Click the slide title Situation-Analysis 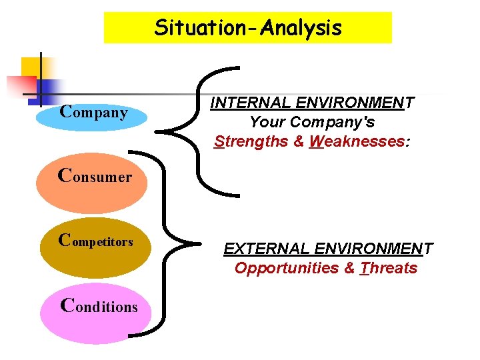point(247,28)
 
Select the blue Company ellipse point(91,113)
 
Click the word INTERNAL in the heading point(249,103)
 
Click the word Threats point(389,269)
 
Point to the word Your point(265,123)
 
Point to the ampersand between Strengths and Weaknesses point(298,141)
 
